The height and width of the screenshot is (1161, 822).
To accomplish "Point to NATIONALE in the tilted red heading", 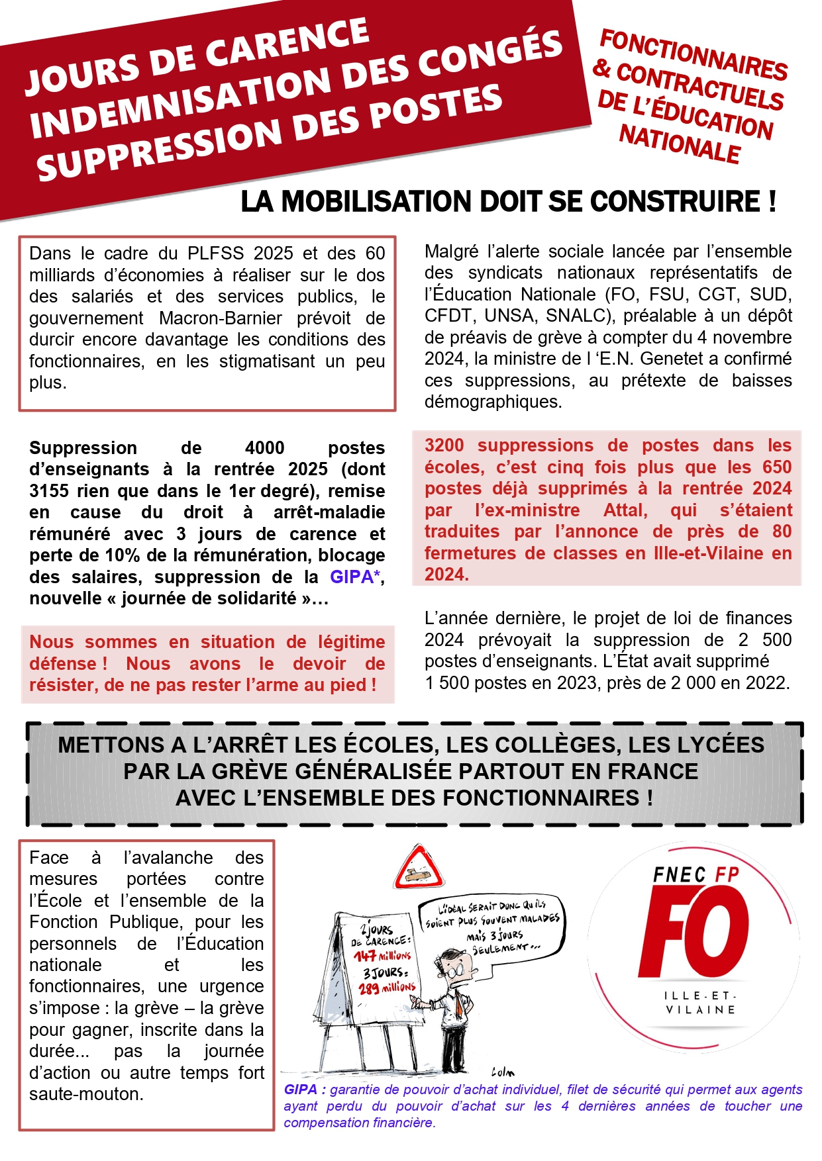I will pos(680,144).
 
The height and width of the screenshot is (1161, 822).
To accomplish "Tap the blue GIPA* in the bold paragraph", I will pos(355,577).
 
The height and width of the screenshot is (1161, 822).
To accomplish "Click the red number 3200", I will pos(444,445).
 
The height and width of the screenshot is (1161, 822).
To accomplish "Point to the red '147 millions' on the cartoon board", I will pos(382,956).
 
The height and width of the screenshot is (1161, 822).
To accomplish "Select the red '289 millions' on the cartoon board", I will pos(387,988).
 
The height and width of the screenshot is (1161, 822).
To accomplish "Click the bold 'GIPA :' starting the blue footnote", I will pos(305,1090).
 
